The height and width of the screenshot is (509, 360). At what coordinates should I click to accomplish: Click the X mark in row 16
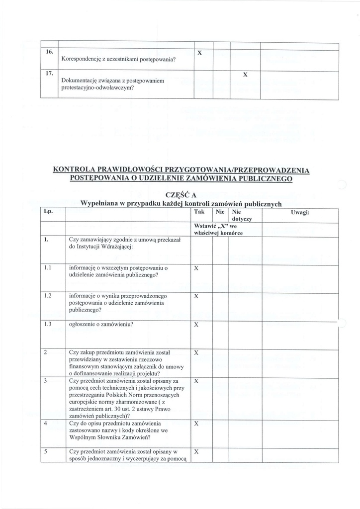pos(199,52)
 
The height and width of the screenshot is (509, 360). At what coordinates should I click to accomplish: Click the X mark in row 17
pos(245,75)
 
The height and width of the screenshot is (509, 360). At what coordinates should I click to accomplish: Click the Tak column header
pos(198,212)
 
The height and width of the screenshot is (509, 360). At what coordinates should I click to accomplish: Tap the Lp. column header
pos(48,212)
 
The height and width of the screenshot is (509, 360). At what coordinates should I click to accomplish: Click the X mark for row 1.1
pos(196,268)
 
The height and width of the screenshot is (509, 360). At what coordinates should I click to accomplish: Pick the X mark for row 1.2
pos(196,296)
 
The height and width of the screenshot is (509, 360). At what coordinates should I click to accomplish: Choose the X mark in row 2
pos(196,352)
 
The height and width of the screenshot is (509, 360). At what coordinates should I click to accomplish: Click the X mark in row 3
pos(196,381)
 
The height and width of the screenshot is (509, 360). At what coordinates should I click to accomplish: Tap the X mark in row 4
pos(196,424)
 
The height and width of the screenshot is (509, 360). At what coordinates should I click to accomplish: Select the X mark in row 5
pos(196,452)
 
